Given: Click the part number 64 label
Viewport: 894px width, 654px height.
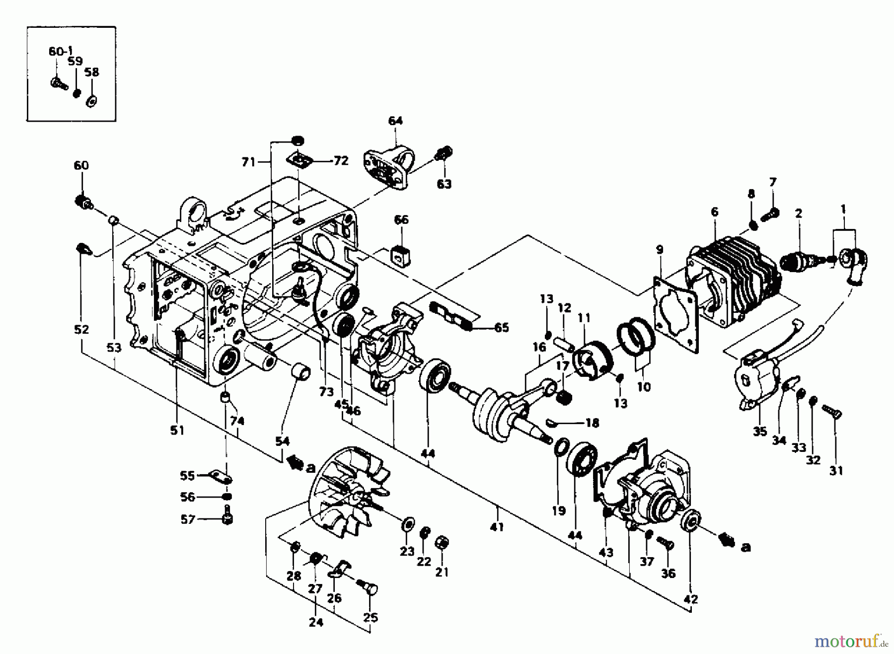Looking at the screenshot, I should pyautogui.click(x=395, y=121).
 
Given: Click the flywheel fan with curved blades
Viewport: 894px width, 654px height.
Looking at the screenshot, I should pyautogui.click(x=348, y=492).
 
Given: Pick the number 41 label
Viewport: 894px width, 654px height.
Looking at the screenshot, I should pyautogui.click(x=497, y=527).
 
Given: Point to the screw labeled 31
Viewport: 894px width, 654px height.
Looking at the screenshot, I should pyautogui.click(x=833, y=412).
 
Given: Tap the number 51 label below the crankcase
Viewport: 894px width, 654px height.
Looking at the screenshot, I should pyautogui.click(x=177, y=431).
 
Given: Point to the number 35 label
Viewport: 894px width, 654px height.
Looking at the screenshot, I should pyautogui.click(x=759, y=432).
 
